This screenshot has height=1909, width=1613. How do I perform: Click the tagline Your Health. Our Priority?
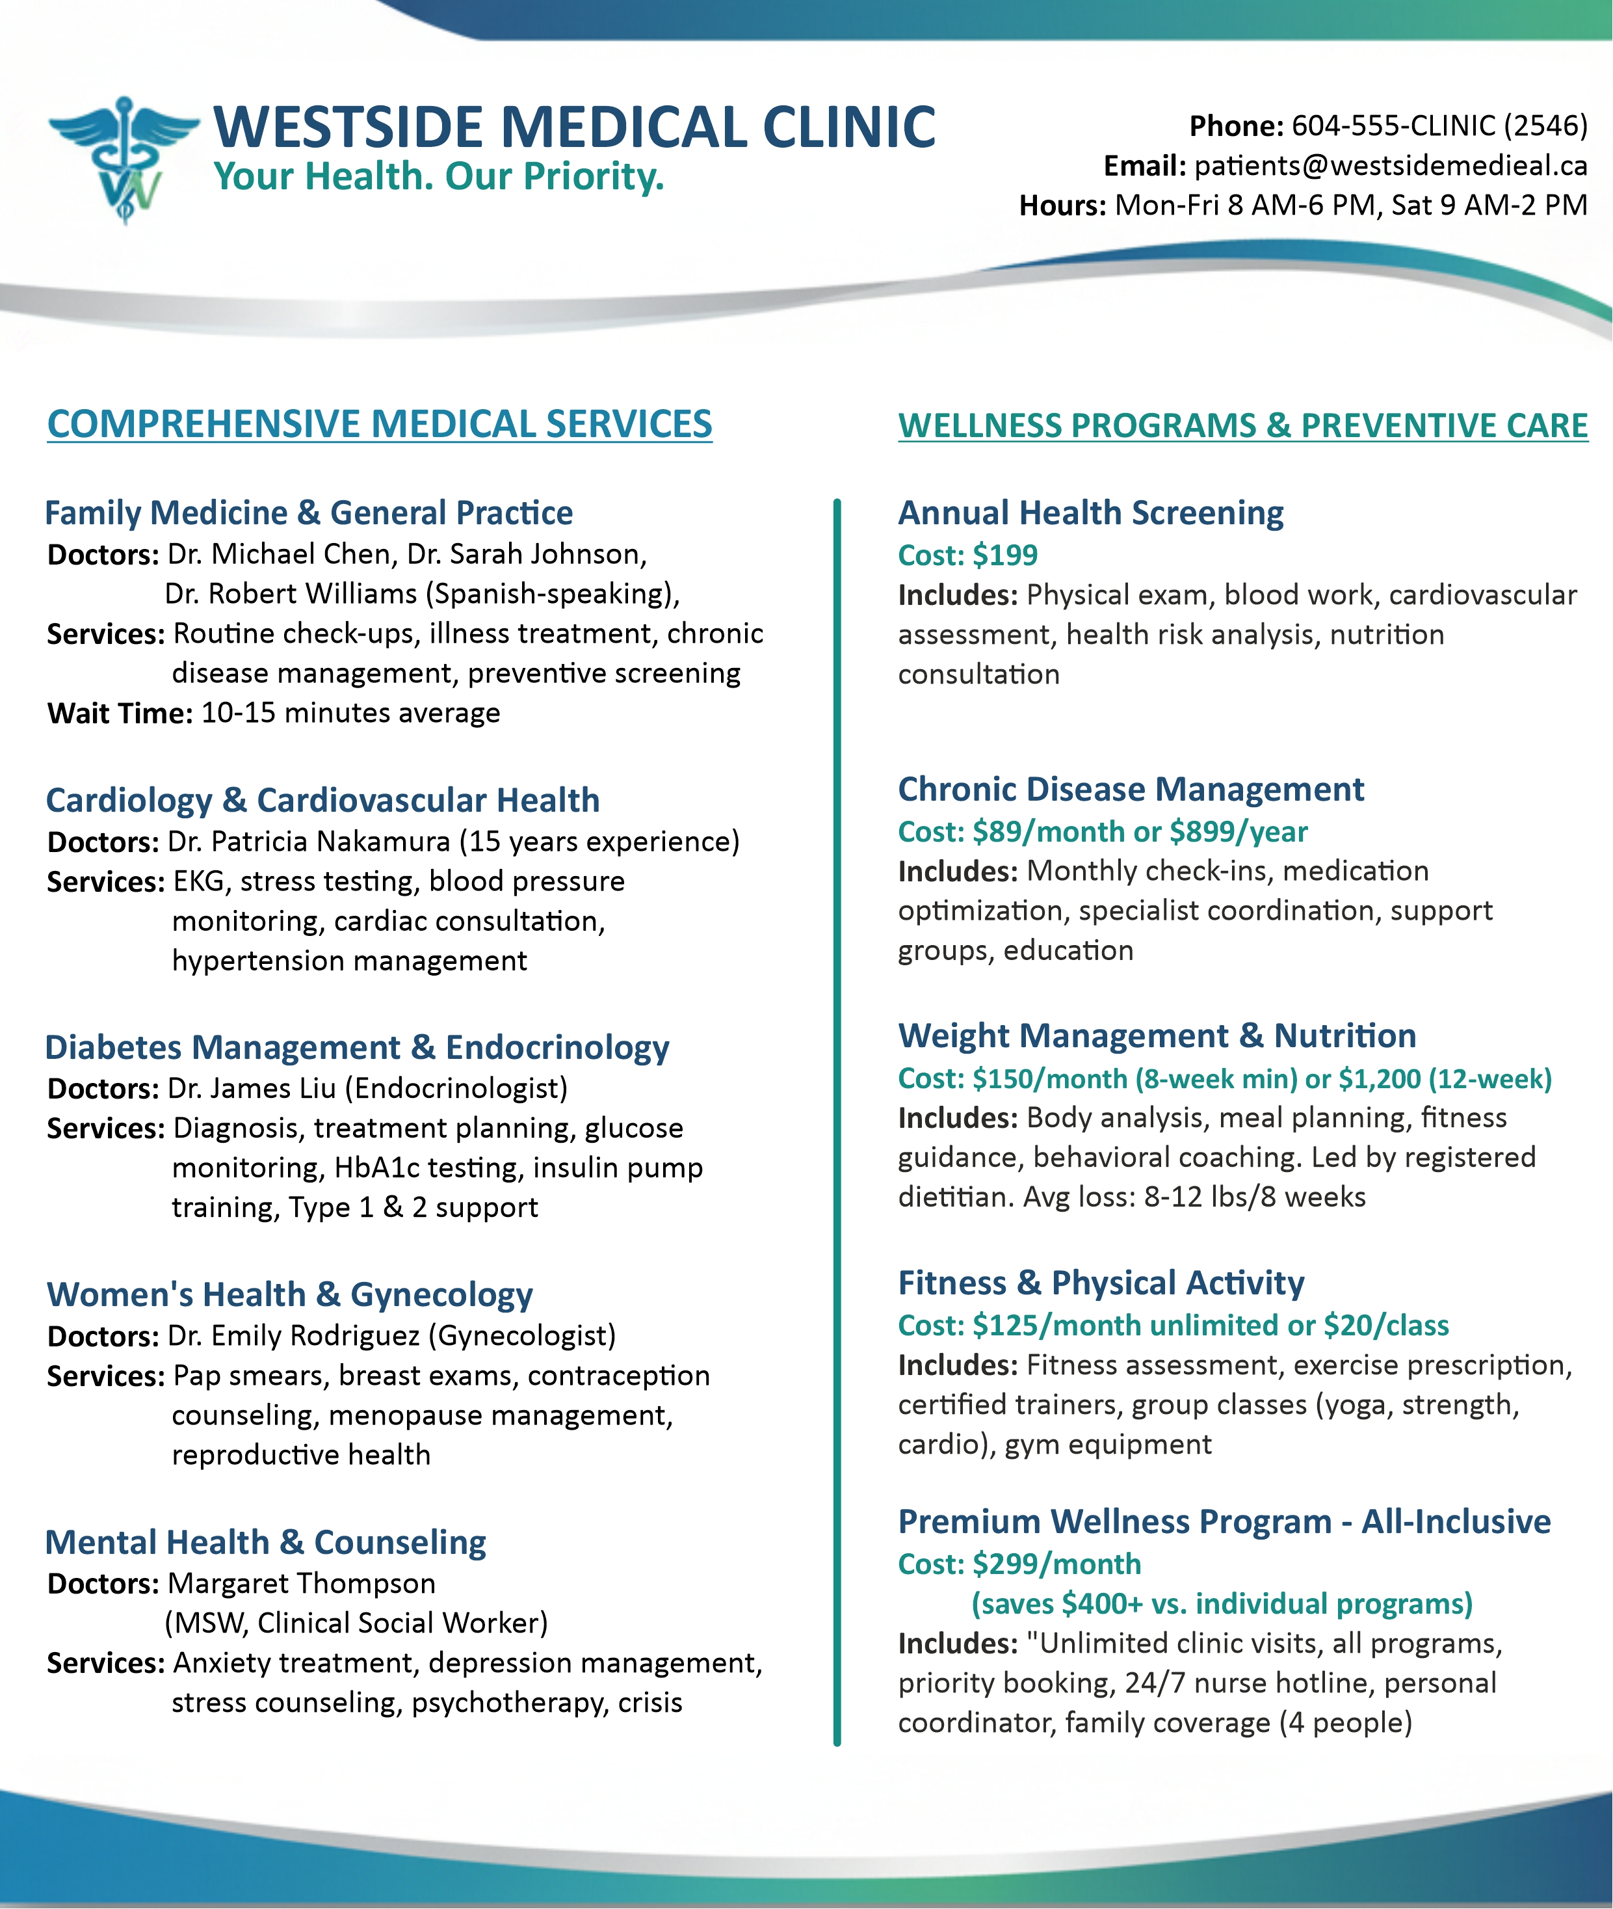(438, 176)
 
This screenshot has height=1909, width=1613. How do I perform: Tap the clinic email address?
(1390, 166)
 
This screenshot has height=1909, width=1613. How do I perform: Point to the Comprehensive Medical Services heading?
(380, 425)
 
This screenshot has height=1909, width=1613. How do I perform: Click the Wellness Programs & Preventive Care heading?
(1242, 426)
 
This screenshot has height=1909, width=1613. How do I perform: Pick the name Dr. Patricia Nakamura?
(309, 842)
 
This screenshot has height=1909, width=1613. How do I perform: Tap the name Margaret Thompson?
(302, 1583)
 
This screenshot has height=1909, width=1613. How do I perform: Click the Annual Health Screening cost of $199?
(1005, 555)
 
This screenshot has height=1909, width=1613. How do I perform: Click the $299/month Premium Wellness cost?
(1057, 1564)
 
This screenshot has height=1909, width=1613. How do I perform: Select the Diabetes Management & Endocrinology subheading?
(357, 1047)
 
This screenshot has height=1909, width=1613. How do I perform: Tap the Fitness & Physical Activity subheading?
(1101, 1283)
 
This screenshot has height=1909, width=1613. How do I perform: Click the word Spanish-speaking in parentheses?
(549, 594)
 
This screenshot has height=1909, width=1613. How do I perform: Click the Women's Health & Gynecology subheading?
(290, 1295)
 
